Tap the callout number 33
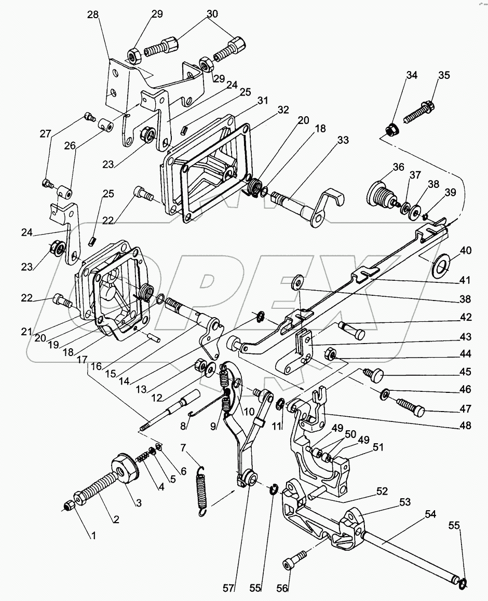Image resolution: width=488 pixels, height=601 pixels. pyautogui.click(x=343, y=140)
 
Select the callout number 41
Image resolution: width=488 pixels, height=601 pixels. pyautogui.click(x=465, y=280)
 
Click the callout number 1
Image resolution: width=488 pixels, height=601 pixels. pyautogui.click(x=94, y=536)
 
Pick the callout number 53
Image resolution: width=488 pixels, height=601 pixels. pyautogui.click(x=405, y=502)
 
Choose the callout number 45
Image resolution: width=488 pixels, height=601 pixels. pyautogui.click(x=465, y=372)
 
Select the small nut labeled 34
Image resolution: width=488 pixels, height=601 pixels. pyautogui.click(x=394, y=129)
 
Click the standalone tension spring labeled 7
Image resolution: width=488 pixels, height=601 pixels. pyautogui.click(x=202, y=489)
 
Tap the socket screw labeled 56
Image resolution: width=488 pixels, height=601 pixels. pyautogui.click(x=289, y=564)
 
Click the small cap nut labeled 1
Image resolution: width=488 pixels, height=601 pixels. pyautogui.click(x=68, y=505)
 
